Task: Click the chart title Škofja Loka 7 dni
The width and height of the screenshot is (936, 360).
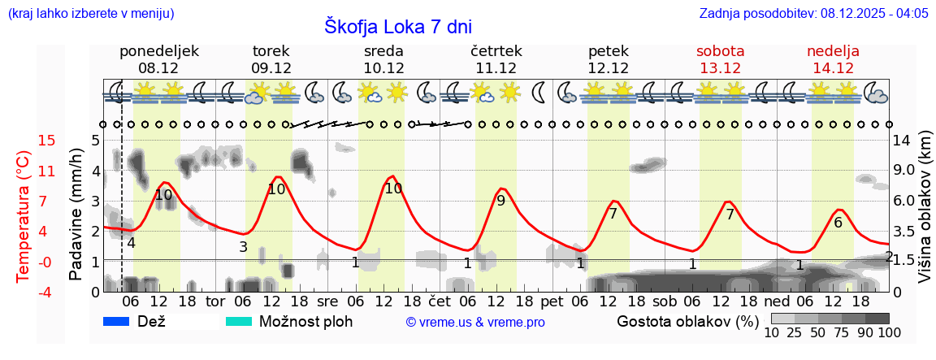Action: (397, 26)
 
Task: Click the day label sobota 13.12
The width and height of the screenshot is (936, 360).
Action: (721, 59)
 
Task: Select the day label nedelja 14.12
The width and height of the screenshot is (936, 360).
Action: (833, 59)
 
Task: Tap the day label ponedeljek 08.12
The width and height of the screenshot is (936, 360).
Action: (159, 59)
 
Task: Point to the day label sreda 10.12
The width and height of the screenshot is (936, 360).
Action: (383, 59)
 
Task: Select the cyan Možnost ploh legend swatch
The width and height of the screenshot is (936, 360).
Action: (240, 321)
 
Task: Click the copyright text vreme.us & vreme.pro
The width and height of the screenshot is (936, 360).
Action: (474, 322)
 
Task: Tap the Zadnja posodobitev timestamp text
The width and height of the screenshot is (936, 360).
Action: (813, 14)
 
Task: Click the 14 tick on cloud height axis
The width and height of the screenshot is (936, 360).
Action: (903, 141)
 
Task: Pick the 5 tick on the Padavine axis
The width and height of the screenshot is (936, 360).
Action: (95, 141)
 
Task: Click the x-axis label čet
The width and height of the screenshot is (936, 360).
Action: (439, 301)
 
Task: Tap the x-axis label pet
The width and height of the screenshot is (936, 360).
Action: (552, 301)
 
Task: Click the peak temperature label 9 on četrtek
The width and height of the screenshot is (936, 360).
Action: (500, 201)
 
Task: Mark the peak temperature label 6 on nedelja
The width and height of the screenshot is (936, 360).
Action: (838, 222)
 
